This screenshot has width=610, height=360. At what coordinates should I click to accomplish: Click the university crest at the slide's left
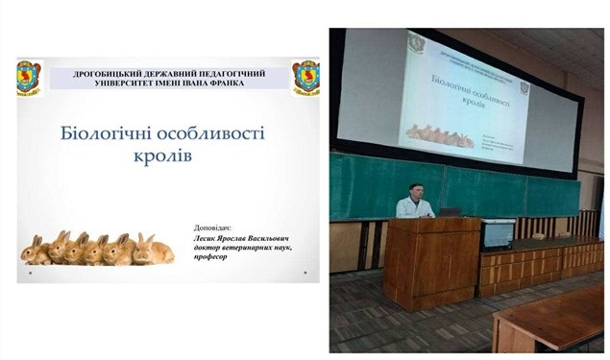click(30, 76)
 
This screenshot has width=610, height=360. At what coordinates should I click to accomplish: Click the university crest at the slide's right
click(305, 76)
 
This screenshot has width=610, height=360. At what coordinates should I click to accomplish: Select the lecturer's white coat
click(413, 209)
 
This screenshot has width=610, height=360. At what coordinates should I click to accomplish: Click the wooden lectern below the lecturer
click(431, 261)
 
